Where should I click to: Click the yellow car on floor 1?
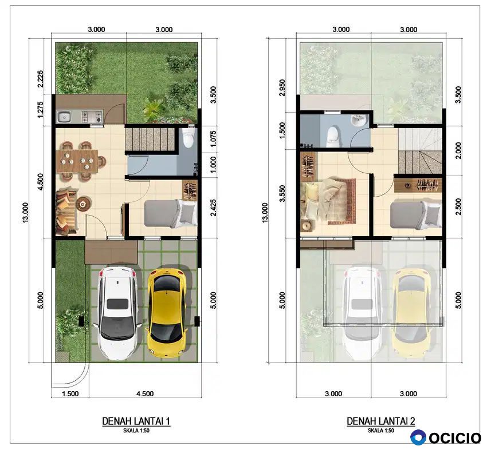[x=167, y=312]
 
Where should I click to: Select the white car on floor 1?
[x=117, y=312]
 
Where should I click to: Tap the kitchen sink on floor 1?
[x=64, y=117]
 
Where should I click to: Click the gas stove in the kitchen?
[x=92, y=117]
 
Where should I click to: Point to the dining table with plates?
[x=78, y=161]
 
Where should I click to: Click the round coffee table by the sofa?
[x=83, y=204]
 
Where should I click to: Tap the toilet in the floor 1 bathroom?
[x=188, y=138]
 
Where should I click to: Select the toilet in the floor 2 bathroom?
[x=333, y=136]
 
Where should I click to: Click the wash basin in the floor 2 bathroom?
[x=359, y=120]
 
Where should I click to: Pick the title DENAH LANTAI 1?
[x=136, y=421]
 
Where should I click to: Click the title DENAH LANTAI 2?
[x=381, y=421]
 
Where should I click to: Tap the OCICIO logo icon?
[x=418, y=437]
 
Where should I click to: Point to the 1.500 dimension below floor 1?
[x=70, y=393]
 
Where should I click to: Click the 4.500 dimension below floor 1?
[x=145, y=393]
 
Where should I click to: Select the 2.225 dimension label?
[x=40, y=79]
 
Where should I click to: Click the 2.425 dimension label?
[x=213, y=208]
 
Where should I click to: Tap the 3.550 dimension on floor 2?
[x=282, y=193]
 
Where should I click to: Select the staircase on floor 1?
[x=150, y=140]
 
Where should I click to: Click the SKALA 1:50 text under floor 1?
[x=136, y=431]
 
